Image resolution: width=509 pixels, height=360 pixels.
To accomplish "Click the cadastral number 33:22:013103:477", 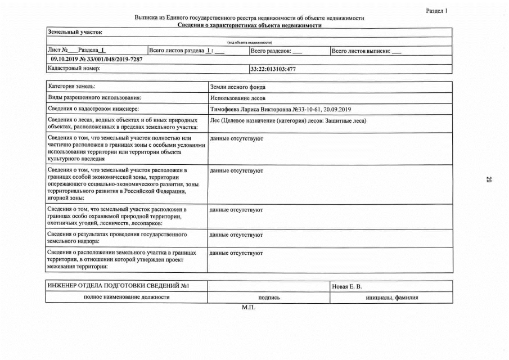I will pos(273,69).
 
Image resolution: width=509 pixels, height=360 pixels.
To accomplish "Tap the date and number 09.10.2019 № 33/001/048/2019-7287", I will pos(96,60).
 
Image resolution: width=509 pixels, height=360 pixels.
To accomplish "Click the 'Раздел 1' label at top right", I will pos(436,11).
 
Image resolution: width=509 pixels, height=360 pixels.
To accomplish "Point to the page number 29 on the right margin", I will pos(489,180).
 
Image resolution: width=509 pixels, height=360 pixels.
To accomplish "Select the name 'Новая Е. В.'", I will pos(347,287).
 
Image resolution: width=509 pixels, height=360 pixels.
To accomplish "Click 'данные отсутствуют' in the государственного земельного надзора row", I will pos(236,234).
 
